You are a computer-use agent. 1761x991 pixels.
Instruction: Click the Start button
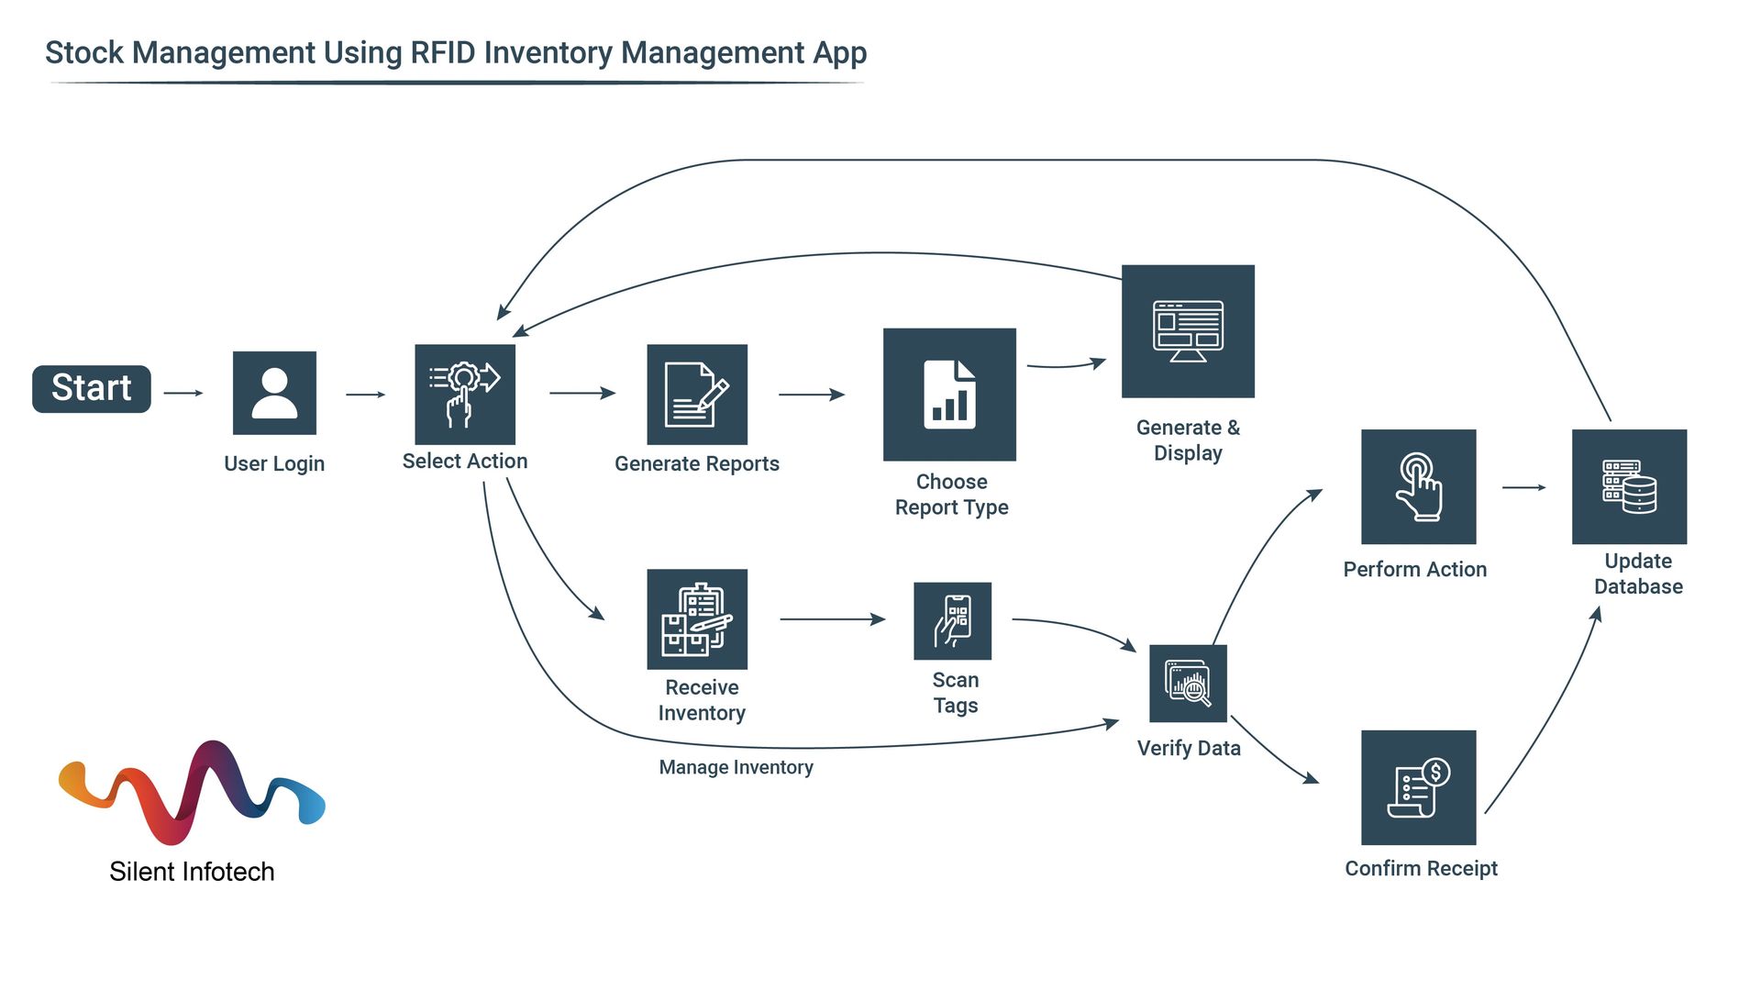click(91, 389)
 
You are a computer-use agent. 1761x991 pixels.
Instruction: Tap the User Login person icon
click(274, 393)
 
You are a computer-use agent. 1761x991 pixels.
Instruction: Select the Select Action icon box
click(465, 395)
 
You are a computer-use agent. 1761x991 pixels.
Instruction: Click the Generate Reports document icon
click(697, 395)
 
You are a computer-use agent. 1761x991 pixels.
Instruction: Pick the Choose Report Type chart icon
click(949, 395)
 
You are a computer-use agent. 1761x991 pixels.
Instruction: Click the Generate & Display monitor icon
click(1188, 331)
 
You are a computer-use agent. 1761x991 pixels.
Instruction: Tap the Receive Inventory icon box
click(697, 619)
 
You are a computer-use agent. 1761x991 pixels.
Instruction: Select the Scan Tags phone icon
click(953, 621)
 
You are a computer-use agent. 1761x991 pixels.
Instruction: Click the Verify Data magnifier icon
click(1188, 684)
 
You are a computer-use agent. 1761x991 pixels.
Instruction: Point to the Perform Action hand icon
click(1418, 487)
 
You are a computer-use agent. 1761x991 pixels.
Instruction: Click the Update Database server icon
click(1629, 487)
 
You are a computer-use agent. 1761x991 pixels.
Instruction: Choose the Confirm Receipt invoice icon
click(1418, 787)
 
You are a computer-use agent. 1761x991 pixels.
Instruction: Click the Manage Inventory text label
click(736, 767)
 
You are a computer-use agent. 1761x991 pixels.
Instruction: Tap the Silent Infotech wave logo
click(192, 791)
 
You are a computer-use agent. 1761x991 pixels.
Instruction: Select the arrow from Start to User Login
click(183, 393)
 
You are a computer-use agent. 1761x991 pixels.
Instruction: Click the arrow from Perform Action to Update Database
click(1523, 487)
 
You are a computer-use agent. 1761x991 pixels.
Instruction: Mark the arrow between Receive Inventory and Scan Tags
click(831, 619)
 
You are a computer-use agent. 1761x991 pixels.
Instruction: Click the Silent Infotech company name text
click(192, 872)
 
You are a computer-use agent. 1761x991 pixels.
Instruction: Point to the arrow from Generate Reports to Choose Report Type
click(811, 395)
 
